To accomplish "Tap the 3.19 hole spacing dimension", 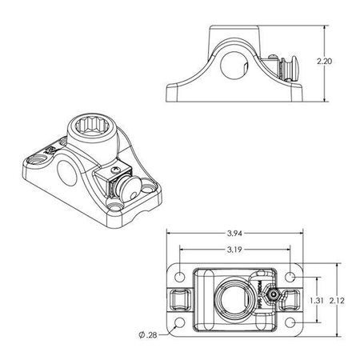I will tap(235, 249).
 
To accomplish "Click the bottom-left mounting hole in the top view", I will tap(181, 324).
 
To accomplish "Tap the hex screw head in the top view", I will tap(274, 295).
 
